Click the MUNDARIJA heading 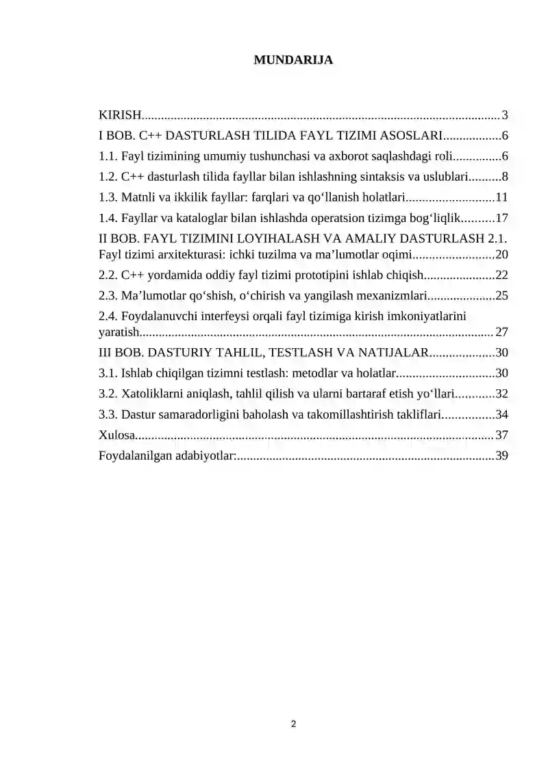pos(293,60)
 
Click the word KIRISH pos(120,114)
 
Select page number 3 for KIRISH pos(504,114)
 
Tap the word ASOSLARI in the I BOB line pos(409,135)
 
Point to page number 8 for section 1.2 pos(504,177)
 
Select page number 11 pos(501,198)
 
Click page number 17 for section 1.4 pos(501,219)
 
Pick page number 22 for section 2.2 pos(501,275)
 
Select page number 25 pos(501,296)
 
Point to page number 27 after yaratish pos(501,332)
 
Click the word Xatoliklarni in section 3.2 pos(152,394)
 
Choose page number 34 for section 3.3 pos(501,415)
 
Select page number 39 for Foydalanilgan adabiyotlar pos(501,456)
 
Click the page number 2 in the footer pos(293,724)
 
